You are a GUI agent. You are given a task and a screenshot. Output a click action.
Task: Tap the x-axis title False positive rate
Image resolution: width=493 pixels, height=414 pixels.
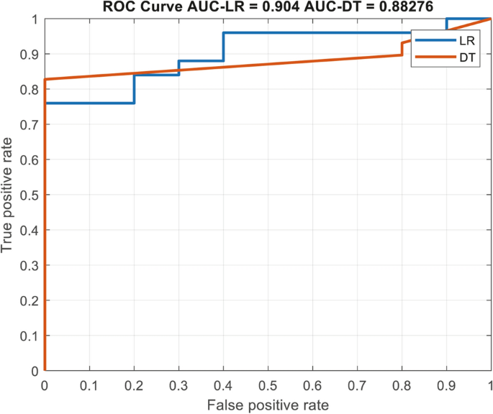[x=268, y=405]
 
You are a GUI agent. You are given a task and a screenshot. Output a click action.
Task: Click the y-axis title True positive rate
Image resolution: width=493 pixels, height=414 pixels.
[x=9, y=194]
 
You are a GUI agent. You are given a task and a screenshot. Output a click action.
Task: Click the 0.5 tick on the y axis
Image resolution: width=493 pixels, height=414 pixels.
[x=32, y=195]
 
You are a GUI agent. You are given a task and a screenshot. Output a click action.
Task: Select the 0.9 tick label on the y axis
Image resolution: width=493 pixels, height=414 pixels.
[x=32, y=54]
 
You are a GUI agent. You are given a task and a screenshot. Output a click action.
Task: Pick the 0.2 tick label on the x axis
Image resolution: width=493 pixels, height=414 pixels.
[x=134, y=386]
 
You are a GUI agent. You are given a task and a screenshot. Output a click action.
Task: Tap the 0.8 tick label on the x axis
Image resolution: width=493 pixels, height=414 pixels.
[x=402, y=386]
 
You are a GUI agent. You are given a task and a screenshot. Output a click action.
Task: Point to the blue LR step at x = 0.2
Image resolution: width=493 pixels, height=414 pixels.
[x=134, y=89]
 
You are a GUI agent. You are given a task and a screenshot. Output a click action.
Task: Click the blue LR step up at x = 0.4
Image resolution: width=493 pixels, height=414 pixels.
[x=223, y=47]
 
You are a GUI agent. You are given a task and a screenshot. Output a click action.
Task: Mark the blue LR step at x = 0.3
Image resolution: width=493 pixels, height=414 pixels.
[x=178, y=68]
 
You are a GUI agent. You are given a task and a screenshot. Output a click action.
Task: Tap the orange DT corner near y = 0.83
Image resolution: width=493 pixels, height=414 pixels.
[x=45, y=80]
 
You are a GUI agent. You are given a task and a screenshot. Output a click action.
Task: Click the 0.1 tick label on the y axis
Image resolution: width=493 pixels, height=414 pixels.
[x=32, y=336]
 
